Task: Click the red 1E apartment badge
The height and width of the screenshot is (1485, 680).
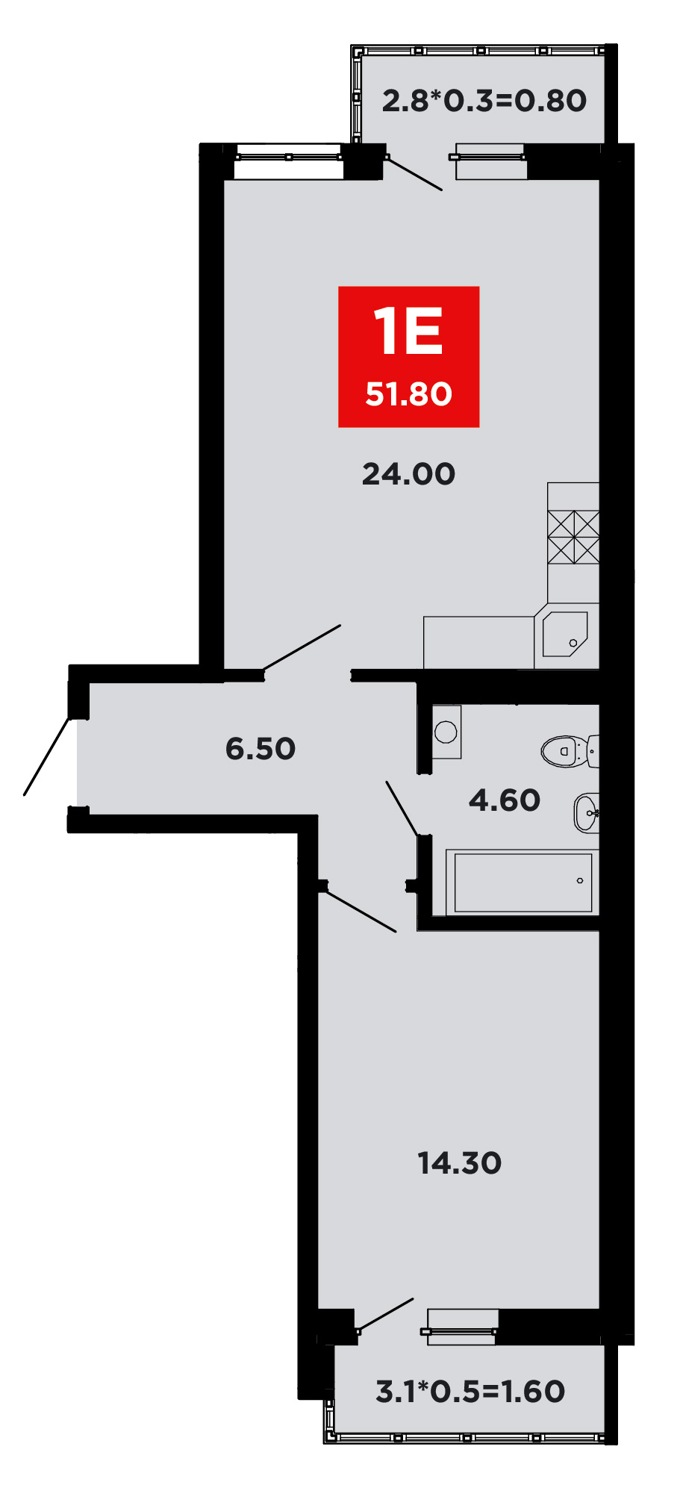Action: click(x=408, y=357)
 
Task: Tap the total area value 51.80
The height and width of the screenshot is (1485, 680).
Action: click(x=408, y=394)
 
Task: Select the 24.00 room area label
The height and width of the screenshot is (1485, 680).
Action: click(x=408, y=474)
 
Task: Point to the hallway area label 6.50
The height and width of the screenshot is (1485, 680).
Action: click(x=261, y=748)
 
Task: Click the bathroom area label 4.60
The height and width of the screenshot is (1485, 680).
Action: click(x=505, y=800)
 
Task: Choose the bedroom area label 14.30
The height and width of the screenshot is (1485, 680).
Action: click(x=459, y=1162)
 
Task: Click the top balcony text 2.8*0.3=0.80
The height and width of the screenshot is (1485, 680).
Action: click(x=484, y=101)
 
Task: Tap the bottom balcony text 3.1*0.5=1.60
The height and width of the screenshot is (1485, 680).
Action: click(x=470, y=1391)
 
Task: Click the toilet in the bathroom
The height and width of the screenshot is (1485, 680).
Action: click(x=570, y=751)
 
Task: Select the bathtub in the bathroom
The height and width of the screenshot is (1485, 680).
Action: click(x=523, y=882)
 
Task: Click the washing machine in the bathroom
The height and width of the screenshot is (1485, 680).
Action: click(x=446, y=732)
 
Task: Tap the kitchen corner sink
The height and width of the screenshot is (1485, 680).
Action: click(x=565, y=634)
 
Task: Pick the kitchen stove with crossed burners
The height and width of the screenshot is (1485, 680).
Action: click(x=573, y=537)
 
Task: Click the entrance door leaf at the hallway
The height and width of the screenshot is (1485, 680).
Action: click(x=48, y=756)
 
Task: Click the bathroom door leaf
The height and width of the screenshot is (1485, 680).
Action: click(x=402, y=809)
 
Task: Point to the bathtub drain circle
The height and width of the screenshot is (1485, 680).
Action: click(x=580, y=881)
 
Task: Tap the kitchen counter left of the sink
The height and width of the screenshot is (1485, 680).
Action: click(x=478, y=642)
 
